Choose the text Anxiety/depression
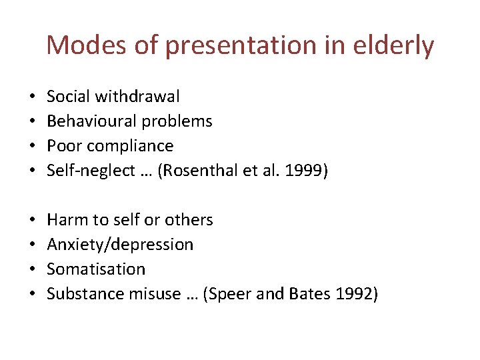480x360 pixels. click(120, 245)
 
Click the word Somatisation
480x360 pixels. click(96, 269)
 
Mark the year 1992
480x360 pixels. click(356, 294)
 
